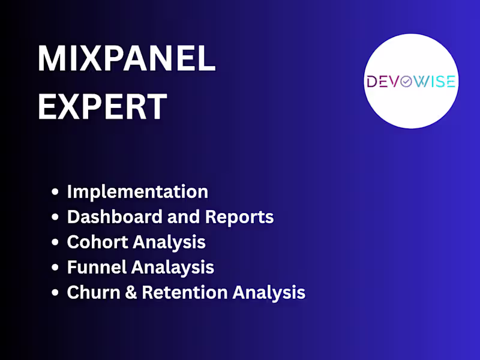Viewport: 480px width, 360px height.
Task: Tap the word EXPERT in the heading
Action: [x=102, y=106]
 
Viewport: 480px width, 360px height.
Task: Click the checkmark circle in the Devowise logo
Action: [x=406, y=82]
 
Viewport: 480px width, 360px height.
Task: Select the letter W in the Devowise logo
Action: [x=423, y=82]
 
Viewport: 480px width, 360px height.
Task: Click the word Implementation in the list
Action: [x=137, y=192]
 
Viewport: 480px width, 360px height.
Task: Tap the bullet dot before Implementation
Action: [x=56, y=193]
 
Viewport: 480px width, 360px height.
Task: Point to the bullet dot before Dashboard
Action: [x=56, y=218]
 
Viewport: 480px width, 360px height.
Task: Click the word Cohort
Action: [x=97, y=242]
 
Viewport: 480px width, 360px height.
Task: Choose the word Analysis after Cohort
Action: [x=169, y=242]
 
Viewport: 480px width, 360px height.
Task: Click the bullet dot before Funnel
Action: [x=56, y=268]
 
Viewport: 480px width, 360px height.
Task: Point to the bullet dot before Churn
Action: [x=56, y=293]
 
